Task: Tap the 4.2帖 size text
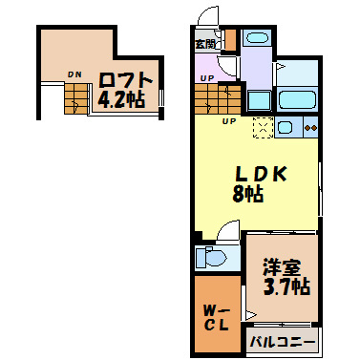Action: (x=120, y=97)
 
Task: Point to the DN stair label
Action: (x=74, y=72)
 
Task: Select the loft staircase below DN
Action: (x=74, y=95)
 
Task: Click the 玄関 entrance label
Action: (x=205, y=44)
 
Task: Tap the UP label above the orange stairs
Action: (x=207, y=77)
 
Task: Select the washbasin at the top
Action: (x=255, y=39)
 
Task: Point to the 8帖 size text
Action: (x=247, y=194)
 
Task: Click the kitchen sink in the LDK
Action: (x=286, y=125)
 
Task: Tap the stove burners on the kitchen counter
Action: (x=310, y=125)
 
